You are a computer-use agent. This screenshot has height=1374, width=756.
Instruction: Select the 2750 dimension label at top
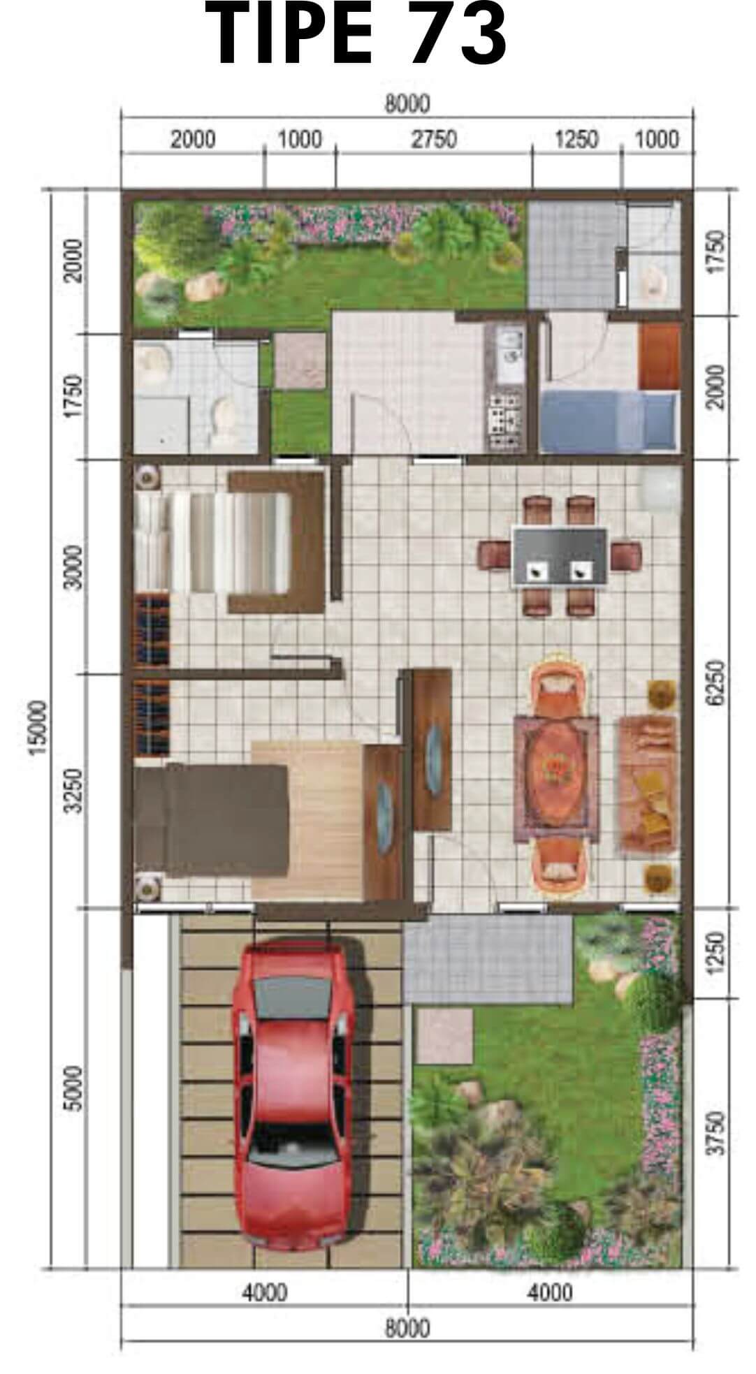pos(433,139)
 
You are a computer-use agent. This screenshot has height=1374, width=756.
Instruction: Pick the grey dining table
pos(560,556)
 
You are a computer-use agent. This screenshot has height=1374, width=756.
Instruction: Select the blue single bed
pos(609,419)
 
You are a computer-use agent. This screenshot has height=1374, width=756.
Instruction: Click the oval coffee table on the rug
pos(556,775)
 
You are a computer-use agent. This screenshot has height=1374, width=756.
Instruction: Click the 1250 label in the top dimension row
pos(576,139)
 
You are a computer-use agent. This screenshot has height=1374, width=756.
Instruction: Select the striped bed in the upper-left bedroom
pos(212,542)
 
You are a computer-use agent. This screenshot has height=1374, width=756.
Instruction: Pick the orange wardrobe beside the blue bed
pos(659,356)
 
